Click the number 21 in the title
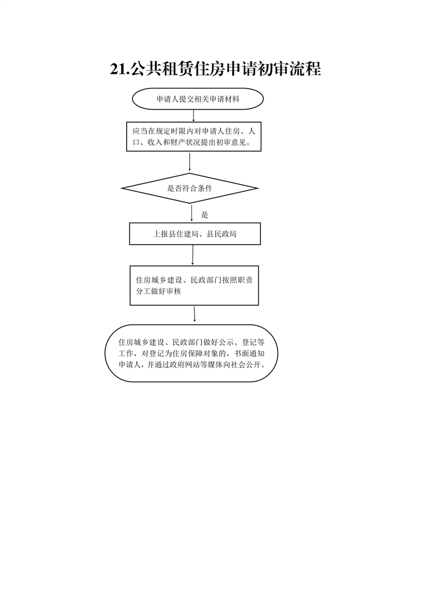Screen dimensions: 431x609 coord(118,69)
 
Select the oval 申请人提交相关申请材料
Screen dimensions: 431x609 coord(198,99)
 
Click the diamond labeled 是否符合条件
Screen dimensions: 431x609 coord(190,188)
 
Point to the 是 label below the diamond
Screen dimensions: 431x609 coord(204,215)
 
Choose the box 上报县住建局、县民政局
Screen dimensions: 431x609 coord(195,234)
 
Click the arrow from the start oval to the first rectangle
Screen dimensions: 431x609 coord(193,116)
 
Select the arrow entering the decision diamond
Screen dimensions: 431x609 coord(190,162)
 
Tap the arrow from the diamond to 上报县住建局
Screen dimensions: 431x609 coord(191,213)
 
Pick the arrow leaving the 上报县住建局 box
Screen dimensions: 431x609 coord(192,255)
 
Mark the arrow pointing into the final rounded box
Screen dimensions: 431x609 coord(195,314)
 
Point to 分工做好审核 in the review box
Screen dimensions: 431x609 coord(158,291)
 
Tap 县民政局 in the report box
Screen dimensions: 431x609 coord(221,234)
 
